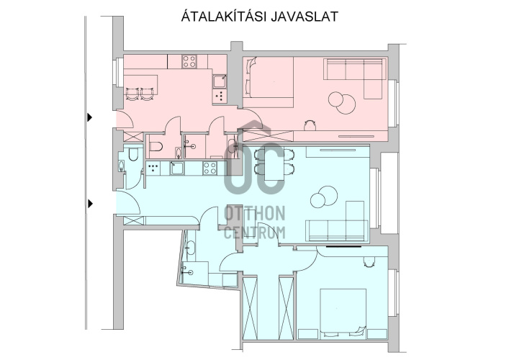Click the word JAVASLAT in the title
point(305,17)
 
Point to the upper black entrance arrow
point(89,117)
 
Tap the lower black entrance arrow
point(90,204)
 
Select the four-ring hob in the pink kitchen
point(189,61)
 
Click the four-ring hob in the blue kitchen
point(210,168)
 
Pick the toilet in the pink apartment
point(156,147)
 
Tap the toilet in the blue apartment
point(133,155)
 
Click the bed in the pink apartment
point(269,82)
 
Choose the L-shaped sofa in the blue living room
point(338,222)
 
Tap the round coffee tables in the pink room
point(342,102)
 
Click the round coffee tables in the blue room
point(324,197)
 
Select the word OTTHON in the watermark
point(255,214)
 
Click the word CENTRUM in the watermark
point(255,233)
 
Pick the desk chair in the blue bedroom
point(369,261)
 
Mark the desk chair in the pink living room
point(310,125)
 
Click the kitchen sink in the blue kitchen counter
point(177,168)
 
